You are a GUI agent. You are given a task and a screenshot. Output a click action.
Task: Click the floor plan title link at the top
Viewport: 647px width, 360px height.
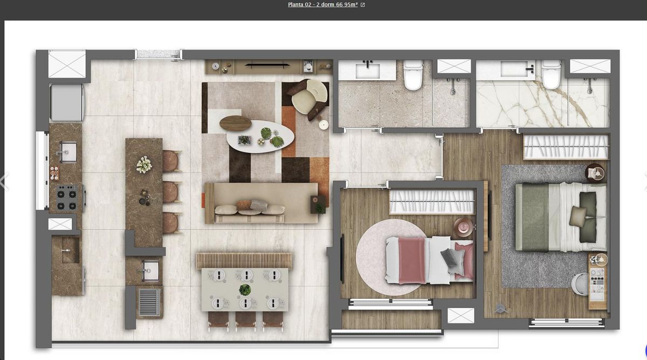point(322,5)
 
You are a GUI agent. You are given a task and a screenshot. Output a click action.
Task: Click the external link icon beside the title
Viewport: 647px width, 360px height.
point(362,5)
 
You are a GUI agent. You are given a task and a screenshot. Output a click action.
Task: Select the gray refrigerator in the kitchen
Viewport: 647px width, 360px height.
point(67,102)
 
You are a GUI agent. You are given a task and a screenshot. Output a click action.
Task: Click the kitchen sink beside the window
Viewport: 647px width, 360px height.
point(67,152)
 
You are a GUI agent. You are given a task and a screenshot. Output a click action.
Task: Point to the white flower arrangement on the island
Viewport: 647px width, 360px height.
point(144,164)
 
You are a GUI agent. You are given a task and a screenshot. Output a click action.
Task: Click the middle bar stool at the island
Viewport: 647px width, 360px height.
point(171,192)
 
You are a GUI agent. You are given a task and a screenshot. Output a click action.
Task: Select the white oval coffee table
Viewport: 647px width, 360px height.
point(260,136)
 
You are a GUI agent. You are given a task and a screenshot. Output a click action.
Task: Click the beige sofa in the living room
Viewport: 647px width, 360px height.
point(261,203)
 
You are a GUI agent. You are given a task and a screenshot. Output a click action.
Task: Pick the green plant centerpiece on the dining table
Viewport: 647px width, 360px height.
point(245,289)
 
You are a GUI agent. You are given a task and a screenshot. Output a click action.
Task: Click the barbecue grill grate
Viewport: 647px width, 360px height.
point(149,302)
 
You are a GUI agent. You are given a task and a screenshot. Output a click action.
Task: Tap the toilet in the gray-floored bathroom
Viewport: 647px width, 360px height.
point(413,75)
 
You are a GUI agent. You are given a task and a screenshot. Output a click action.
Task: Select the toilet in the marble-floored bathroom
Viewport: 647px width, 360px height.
point(551,74)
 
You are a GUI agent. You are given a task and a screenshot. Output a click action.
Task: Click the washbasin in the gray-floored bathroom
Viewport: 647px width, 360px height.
point(367,71)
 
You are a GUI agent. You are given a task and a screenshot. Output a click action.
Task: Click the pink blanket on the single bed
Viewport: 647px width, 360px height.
point(412,261)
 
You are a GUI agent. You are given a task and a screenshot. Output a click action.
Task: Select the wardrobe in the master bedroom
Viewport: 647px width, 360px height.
point(566,147)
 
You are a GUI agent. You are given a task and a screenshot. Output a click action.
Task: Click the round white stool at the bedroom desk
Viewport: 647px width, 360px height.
point(580,285)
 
